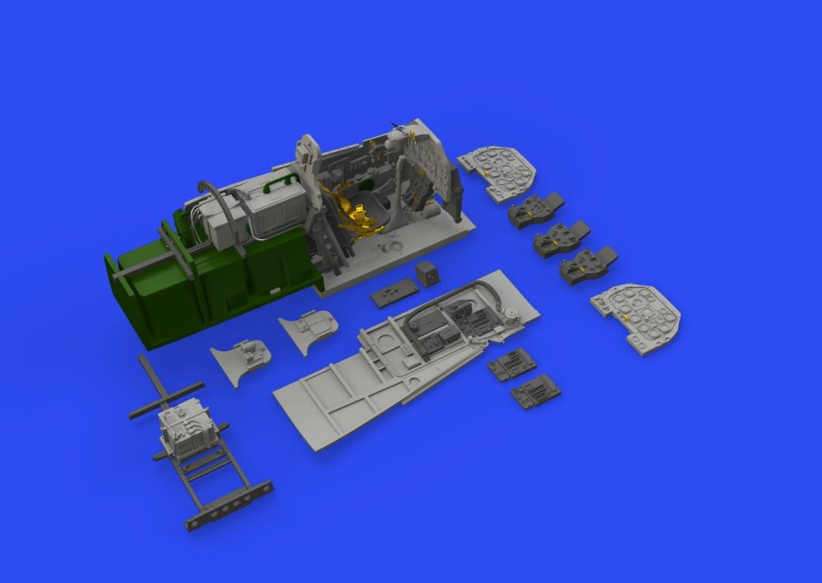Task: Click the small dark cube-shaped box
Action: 427,273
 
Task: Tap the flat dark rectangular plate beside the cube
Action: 395,292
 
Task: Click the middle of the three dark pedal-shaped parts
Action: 561,239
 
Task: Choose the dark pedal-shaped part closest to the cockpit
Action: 535,211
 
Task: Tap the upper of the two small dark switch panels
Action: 511,363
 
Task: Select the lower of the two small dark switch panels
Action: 535,391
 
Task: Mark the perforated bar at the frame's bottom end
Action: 229,503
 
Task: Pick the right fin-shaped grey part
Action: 309,330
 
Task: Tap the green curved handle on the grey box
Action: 283,176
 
